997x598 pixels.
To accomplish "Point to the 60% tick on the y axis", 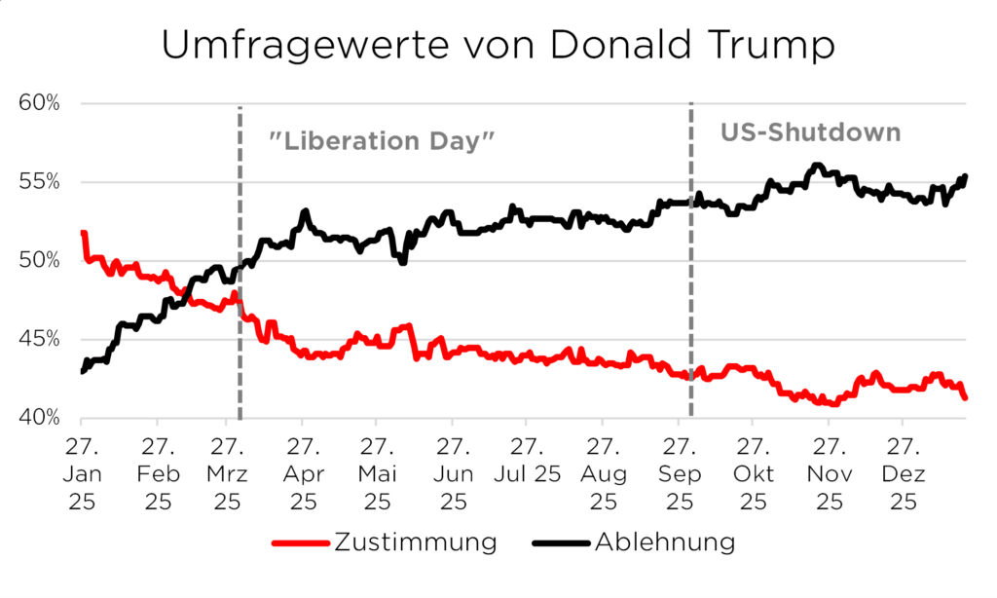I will [40, 104].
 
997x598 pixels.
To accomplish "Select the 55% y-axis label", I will [40, 182].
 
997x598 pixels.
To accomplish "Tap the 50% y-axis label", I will [40, 261].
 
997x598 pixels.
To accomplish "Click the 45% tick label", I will [40, 339].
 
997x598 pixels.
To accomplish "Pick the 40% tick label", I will [40, 418].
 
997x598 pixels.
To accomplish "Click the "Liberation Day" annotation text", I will [382, 140].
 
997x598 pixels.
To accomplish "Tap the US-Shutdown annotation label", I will [810, 132].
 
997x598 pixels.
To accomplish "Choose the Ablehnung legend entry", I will [664, 542].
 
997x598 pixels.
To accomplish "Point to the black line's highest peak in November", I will [817, 166].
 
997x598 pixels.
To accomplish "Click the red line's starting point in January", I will [83, 234].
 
